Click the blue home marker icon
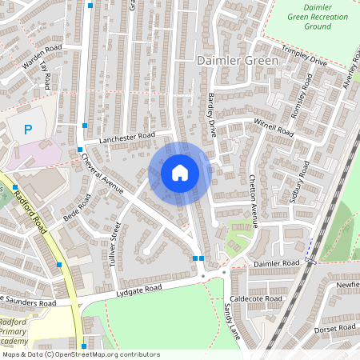pos(179,172)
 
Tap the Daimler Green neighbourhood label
pos(238,61)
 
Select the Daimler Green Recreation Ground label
pos(306,17)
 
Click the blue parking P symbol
pos(28,129)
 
